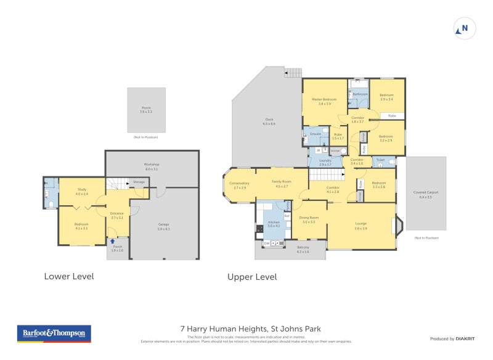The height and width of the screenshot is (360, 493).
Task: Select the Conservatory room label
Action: [x=239, y=184]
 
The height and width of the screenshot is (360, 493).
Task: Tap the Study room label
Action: [x=82, y=191]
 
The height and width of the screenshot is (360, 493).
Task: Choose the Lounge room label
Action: [x=361, y=226]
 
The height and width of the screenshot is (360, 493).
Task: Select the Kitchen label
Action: [x=273, y=223]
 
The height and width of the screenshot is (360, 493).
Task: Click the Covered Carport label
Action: [x=426, y=194]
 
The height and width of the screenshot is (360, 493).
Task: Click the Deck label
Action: [x=269, y=121]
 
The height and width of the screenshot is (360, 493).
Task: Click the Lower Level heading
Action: [x=69, y=276]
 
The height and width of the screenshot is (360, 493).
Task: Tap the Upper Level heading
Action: [x=252, y=277]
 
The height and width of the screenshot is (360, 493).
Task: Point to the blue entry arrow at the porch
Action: [x=112, y=241]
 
